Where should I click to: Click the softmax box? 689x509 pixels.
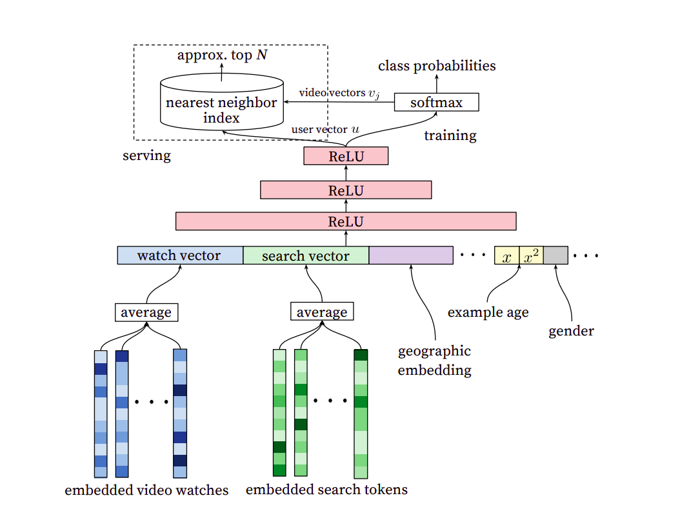[437, 102]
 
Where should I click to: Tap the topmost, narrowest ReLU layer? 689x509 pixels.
[346, 156]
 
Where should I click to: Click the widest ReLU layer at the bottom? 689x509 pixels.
[346, 221]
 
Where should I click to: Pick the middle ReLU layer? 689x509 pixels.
[346, 190]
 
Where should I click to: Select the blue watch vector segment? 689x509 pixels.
[179, 255]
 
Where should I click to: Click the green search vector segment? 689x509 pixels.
[306, 255]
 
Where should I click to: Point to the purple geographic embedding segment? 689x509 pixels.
[411, 255]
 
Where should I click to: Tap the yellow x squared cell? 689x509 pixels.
[532, 255]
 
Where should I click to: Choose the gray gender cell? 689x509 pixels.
[555, 255]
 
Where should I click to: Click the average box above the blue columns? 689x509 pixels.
[146, 312]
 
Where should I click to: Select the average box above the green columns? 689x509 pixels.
[322, 312]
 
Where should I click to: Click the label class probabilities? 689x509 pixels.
[437, 66]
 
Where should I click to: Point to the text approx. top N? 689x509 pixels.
[222, 55]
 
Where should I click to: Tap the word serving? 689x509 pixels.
[146, 155]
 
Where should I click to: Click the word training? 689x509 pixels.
[450, 135]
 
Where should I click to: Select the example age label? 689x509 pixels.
[488, 312]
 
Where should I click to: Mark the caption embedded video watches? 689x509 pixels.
[146, 490]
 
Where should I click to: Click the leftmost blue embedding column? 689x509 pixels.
[101, 413]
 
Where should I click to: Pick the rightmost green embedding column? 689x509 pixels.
[361, 413]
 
